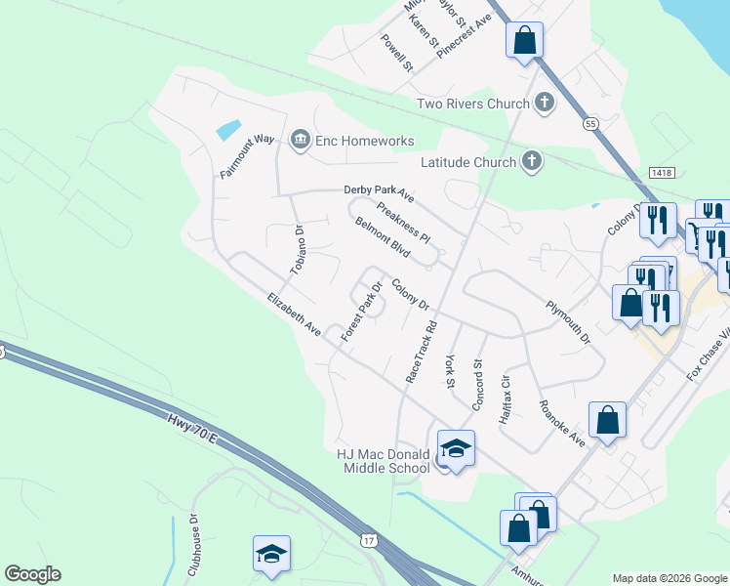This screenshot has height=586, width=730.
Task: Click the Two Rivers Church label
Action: pyautogui.click(x=471, y=104)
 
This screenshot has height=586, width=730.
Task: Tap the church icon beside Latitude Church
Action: pyautogui.click(x=532, y=161)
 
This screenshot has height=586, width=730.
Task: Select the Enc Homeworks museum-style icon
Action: pyautogui.click(x=300, y=142)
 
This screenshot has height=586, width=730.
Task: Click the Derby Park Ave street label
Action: pyautogui.click(x=379, y=193)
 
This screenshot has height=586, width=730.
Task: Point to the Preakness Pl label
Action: pyautogui.click(x=402, y=222)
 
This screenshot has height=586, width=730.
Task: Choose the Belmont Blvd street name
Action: pyautogui.click(x=382, y=236)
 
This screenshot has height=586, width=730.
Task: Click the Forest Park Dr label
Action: pyautogui.click(x=360, y=312)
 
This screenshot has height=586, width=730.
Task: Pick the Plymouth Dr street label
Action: pyautogui.click(x=568, y=321)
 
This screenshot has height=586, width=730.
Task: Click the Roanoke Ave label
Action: pyautogui.click(x=562, y=423)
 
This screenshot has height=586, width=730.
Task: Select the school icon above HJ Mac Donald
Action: pyautogui.click(x=456, y=447)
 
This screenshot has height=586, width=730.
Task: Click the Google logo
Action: pyautogui.click(x=32, y=574)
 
